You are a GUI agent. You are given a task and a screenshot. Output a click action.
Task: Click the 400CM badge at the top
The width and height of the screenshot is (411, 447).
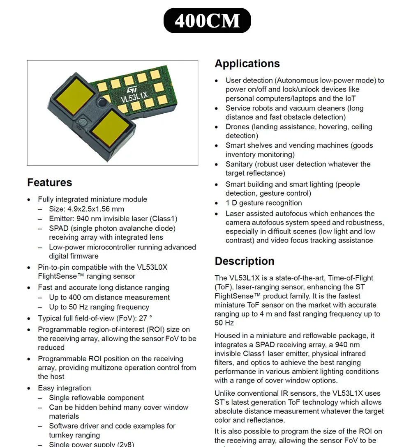pos(207,21)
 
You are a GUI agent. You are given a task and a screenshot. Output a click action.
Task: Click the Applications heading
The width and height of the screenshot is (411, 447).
pos(247,64)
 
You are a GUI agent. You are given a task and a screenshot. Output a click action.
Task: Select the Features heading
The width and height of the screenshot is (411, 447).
pos(49,182)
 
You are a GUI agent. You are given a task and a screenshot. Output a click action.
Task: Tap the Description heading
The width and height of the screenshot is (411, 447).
pos(244,261)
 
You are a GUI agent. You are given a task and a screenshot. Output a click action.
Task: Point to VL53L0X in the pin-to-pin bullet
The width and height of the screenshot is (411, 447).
pos(152,267)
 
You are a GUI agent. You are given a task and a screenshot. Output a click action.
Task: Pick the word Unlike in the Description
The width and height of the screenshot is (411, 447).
pos(225,393)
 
